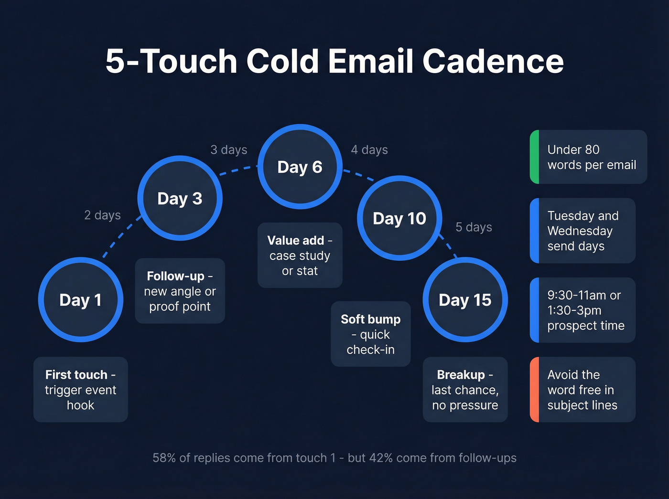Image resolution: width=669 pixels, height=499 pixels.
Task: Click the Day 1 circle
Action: [x=81, y=300]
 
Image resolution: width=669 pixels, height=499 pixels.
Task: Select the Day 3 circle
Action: [x=180, y=198]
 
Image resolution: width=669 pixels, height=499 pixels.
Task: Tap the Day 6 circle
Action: [x=300, y=167]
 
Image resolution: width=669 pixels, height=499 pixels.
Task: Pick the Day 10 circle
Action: [x=399, y=218]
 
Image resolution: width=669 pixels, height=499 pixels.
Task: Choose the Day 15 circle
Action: [x=465, y=300]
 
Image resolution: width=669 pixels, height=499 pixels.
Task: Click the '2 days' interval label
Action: [x=102, y=215]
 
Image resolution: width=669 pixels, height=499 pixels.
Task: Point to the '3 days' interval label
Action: [x=229, y=150]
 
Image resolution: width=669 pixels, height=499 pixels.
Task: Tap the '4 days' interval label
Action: [x=369, y=150]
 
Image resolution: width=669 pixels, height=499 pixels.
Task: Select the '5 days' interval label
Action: [x=474, y=227]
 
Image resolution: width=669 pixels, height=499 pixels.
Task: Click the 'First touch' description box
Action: [x=81, y=390]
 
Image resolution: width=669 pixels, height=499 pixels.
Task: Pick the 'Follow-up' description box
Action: [x=180, y=291]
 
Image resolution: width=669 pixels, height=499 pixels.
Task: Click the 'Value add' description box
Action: [x=300, y=255]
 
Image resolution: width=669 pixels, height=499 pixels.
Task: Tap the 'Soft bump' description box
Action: [x=370, y=334]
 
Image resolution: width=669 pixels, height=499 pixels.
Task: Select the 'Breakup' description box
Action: [x=465, y=390]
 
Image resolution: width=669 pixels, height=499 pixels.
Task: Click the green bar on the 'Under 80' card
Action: [x=535, y=157]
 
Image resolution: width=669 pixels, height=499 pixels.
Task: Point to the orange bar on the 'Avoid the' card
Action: [x=535, y=390]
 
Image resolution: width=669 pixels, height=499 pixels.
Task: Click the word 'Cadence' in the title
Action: [x=493, y=61]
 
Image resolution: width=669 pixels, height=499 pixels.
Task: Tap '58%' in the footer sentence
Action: [x=164, y=458]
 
